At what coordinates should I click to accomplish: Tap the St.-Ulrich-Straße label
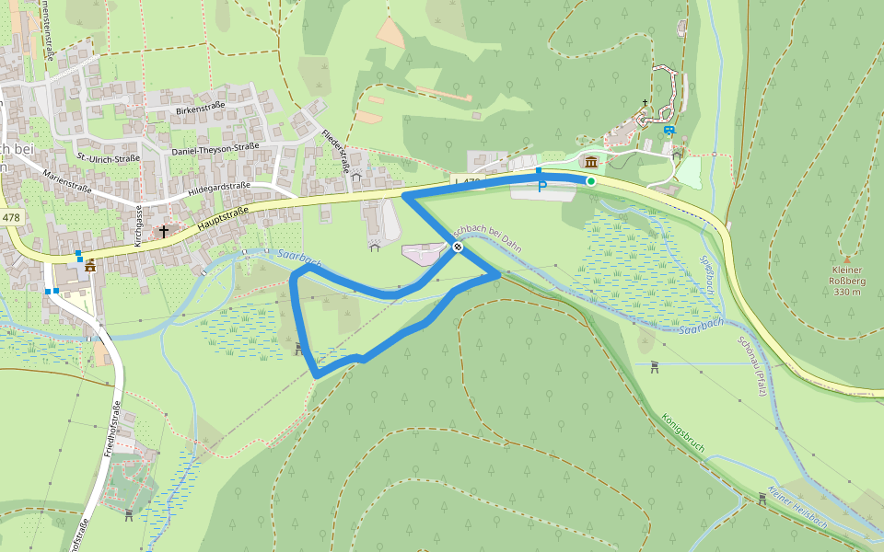109,158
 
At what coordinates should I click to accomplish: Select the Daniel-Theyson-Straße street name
215,148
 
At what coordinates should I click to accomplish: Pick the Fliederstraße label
333,147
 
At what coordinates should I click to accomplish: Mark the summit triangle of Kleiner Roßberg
847,259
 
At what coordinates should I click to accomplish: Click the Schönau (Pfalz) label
750,365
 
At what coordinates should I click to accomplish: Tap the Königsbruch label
683,433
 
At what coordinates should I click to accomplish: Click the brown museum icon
590,163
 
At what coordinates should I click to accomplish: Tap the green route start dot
591,182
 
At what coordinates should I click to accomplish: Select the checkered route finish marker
457,246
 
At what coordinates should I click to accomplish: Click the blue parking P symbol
542,186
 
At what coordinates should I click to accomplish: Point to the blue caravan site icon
669,131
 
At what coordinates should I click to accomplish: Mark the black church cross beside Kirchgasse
164,231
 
